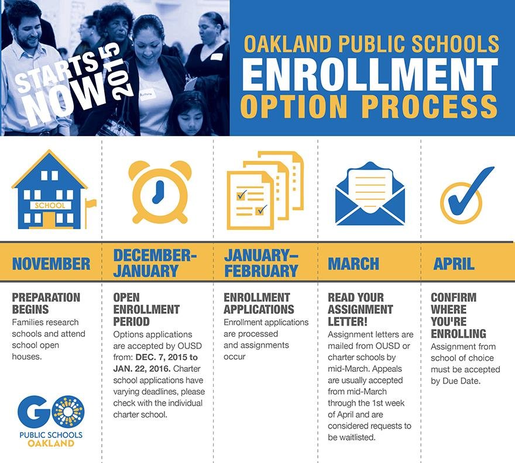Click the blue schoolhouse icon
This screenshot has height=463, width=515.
50,190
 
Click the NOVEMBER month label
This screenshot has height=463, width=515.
51,264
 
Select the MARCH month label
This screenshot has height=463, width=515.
353,264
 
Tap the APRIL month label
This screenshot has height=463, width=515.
454,264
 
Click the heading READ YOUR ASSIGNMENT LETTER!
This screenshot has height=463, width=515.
360,309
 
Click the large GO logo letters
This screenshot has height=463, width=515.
51,412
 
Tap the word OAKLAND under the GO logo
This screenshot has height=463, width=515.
51,443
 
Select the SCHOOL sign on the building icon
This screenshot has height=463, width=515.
50,205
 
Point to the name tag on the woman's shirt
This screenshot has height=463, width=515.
146,93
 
